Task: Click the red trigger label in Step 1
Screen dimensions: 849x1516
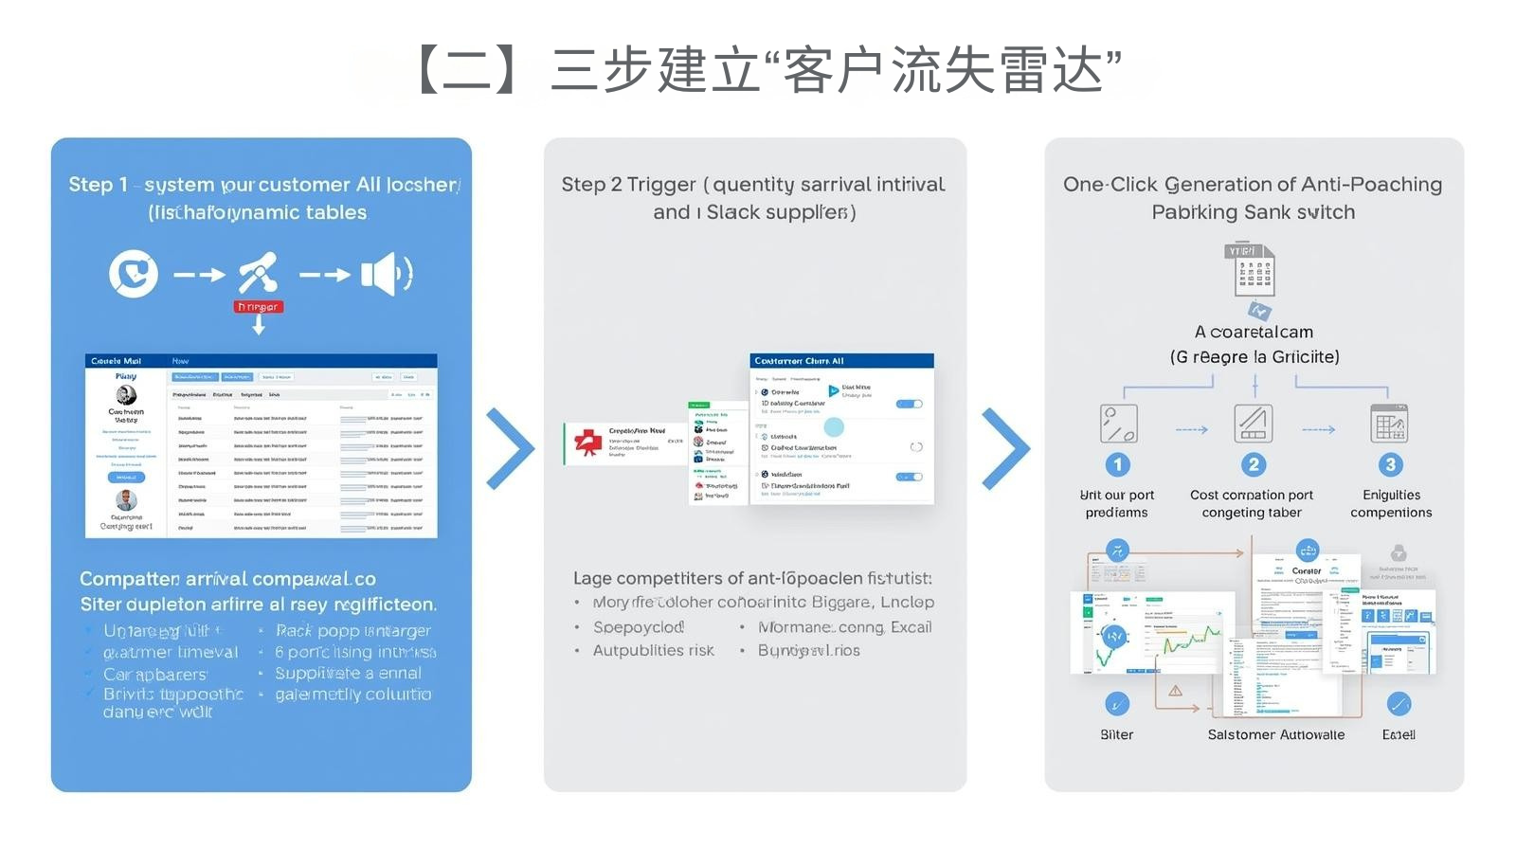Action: tap(258, 307)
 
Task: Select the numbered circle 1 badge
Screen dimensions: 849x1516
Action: tap(1117, 464)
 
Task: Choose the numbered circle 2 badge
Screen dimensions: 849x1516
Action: tap(1253, 464)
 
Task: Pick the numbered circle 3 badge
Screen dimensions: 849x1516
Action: tap(1390, 464)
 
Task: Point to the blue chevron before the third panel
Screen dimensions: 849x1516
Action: tap(1005, 448)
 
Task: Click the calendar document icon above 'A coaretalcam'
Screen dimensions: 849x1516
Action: tap(1253, 271)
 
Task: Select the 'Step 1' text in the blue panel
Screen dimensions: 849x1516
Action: tap(98, 185)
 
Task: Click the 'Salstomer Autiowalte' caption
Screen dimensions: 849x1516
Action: tap(1275, 734)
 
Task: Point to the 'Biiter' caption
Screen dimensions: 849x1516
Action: tap(1116, 734)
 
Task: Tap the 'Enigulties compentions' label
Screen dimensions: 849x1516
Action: tap(1391, 503)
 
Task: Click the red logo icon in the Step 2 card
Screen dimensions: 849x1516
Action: tap(588, 443)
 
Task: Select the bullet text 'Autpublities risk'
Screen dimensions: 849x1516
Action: tap(653, 650)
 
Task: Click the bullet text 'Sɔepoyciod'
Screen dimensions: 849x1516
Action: tap(638, 627)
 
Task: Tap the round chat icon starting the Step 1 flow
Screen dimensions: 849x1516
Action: tap(134, 274)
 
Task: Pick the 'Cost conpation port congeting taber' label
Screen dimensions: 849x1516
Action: tap(1252, 503)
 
